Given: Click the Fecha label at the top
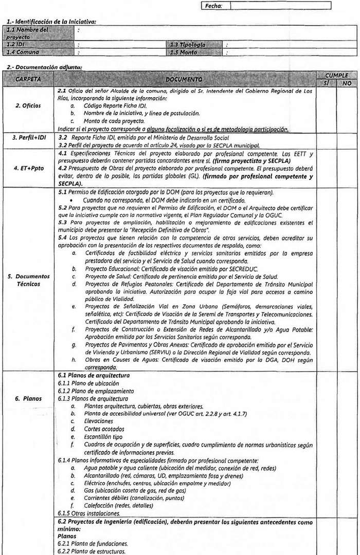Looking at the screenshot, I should (214, 6).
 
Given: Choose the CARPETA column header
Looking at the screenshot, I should (28, 80).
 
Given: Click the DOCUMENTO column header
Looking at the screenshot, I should (184, 80).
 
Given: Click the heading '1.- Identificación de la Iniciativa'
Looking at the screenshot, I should (51, 21).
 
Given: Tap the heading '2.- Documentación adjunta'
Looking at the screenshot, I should (44, 67).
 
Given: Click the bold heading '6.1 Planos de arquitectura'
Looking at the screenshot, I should (94, 376).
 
